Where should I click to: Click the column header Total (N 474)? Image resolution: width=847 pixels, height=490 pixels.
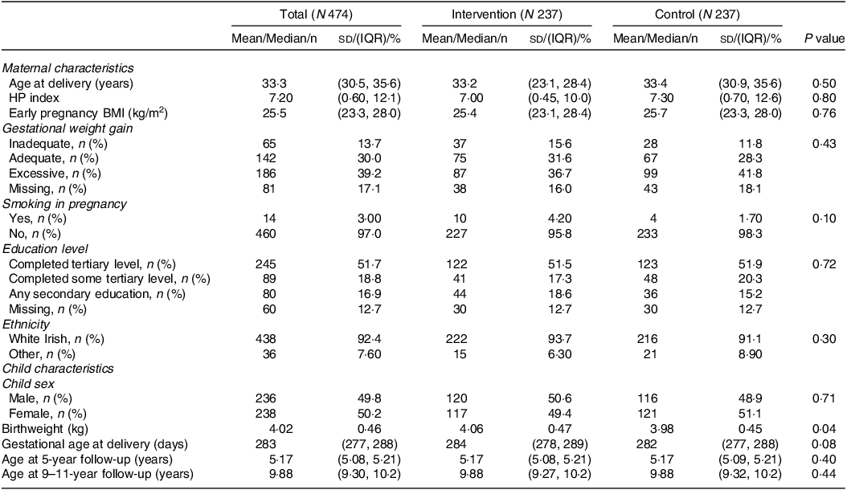click(x=316, y=14)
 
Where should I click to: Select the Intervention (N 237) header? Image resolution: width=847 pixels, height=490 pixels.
click(x=507, y=14)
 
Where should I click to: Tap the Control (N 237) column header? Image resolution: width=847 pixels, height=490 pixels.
click(x=697, y=14)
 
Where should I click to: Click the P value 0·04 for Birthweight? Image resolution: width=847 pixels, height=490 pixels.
click(x=824, y=429)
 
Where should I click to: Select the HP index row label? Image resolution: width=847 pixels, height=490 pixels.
click(x=34, y=98)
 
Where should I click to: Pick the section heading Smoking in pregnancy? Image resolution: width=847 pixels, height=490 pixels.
click(x=64, y=204)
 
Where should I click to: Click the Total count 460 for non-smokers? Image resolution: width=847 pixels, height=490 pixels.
click(x=266, y=234)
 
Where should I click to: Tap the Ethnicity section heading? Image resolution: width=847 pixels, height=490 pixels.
click(x=26, y=325)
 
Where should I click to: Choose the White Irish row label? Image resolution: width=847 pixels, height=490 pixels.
click(x=57, y=339)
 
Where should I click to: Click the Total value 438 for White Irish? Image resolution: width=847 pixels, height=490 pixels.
click(x=266, y=339)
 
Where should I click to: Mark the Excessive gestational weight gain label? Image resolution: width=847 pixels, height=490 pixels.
click(x=55, y=174)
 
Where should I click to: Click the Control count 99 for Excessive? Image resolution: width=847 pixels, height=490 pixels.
click(x=651, y=174)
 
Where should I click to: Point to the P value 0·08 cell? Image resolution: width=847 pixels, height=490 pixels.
click(x=824, y=444)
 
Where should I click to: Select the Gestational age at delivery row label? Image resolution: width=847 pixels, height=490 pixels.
click(x=95, y=444)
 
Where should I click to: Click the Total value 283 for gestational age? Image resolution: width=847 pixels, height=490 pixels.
click(x=266, y=444)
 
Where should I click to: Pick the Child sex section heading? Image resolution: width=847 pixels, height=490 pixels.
click(x=29, y=384)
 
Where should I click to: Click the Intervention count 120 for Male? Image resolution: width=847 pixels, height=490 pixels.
click(x=456, y=398)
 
